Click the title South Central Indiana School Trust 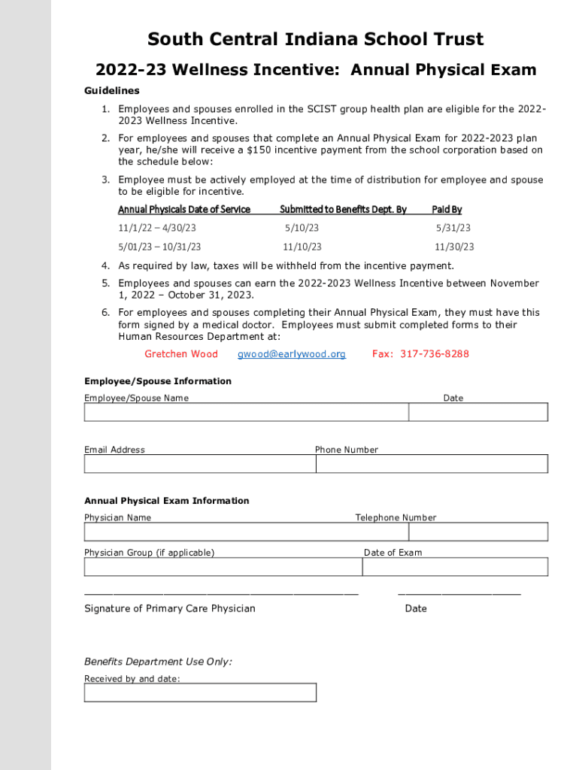pyautogui.click(x=315, y=39)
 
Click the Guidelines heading pyautogui.click(x=111, y=90)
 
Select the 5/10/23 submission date pyautogui.click(x=302, y=228)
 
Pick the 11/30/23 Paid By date pyautogui.click(x=454, y=247)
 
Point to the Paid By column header pyautogui.click(x=447, y=209)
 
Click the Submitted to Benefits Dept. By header pyautogui.click(x=343, y=209)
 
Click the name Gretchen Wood pyautogui.click(x=181, y=354)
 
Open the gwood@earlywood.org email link pyautogui.click(x=292, y=354)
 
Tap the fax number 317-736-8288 pyautogui.click(x=435, y=354)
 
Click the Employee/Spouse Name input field pyautogui.click(x=246, y=412)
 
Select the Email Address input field pyautogui.click(x=200, y=463)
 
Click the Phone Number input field pyautogui.click(x=432, y=463)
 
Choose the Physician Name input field pyautogui.click(x=246, y=532)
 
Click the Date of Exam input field pyautogui.click(x=455, y=566)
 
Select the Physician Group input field pyautogui.click(x=223, y=566)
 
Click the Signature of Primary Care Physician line pyautogui.click(x=221, y=593)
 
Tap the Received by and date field pyautogui.click(x=200, y=692)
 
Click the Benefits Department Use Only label pyautogui.click(x=158, y=662)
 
